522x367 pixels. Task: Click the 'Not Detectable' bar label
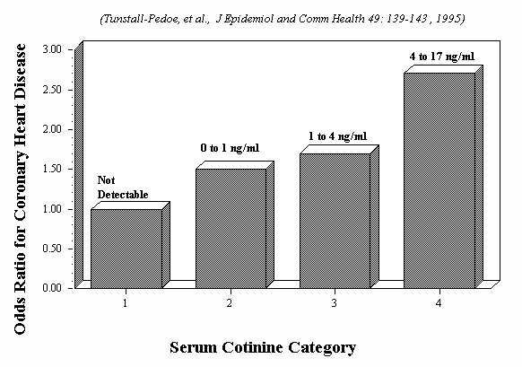[123, 188]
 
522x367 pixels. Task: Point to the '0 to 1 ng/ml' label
[230, 147]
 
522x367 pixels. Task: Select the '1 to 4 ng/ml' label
[337, 136]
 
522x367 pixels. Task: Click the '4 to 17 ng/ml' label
[442, 57]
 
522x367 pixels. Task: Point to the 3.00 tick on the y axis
[52, 49]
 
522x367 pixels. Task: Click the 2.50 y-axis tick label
[52, 90]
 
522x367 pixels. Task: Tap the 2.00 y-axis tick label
[52, 129]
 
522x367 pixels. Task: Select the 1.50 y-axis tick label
[52, 169]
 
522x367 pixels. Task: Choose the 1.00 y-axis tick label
[52, 209]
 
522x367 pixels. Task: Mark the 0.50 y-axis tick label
[52, 249]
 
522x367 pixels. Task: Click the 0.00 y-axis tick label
[52, 288]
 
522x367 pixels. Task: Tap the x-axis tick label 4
[439, 303]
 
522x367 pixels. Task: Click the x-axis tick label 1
[126, 303]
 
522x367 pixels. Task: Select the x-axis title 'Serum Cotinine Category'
[263, 347]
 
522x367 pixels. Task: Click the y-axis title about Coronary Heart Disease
[20, 189]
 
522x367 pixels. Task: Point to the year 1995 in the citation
[450, 19]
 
